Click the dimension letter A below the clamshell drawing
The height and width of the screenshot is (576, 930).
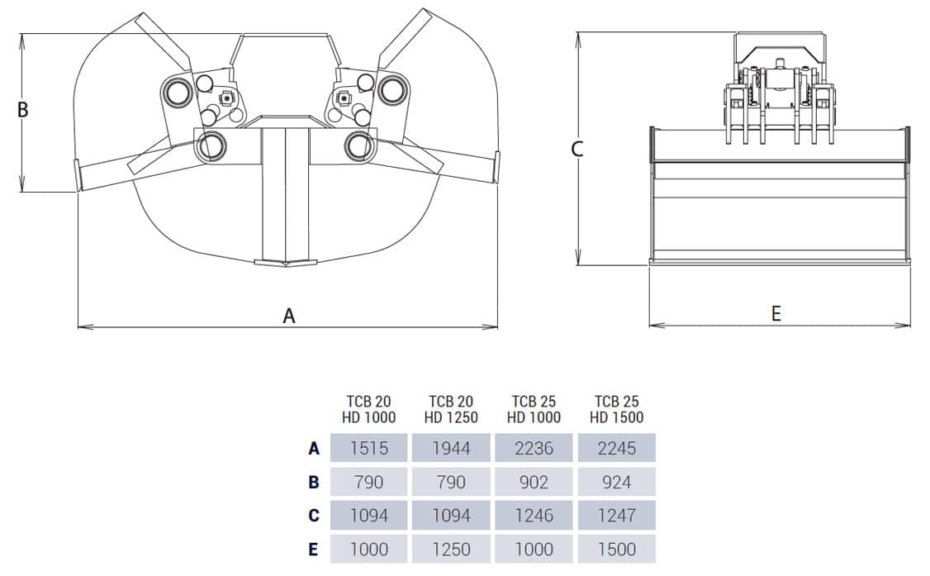tap(289, 316)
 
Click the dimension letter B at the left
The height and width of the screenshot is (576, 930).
tap(23, 109)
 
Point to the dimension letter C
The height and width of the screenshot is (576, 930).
tap(577, 150)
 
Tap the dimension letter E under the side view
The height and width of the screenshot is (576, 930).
tap(776, 314)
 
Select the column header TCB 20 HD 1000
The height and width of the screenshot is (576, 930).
tap(368, 410)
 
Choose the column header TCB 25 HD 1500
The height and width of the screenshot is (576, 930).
tap(616, 410)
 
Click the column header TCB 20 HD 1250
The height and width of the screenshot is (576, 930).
tap(451, 410)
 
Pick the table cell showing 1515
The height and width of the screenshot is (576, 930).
tap(368, 449)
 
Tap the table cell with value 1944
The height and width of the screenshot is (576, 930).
tap(451, 449)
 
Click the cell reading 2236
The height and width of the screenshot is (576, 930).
tap(534, 449)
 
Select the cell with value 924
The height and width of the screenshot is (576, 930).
tap(616, 482)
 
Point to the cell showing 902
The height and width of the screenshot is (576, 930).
tap(534, 482)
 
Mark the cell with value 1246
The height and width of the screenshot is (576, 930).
tap(534, 516)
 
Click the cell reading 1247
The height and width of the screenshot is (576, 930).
tap(616, 516)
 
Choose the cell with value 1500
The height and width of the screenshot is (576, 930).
tap(616, 549)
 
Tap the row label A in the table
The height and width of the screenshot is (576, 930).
tap(314, 449)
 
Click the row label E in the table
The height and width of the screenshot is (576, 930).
tap(314, 549)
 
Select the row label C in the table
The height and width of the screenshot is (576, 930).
tap(314, 516)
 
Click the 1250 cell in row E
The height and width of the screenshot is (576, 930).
tap(451, 549)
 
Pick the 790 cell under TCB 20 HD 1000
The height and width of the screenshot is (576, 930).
tap(368, 482)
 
